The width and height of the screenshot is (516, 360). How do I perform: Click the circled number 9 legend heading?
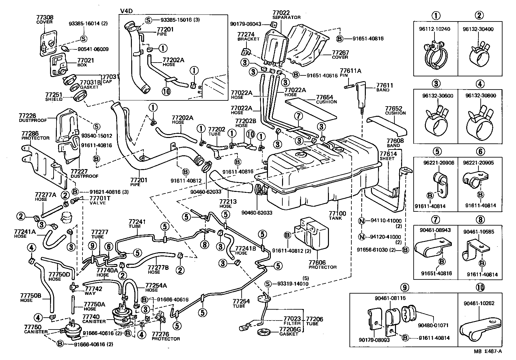coord(404,287)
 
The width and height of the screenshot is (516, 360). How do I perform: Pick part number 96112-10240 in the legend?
coord(434,29)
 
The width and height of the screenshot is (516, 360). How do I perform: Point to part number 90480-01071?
coord(433,325)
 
